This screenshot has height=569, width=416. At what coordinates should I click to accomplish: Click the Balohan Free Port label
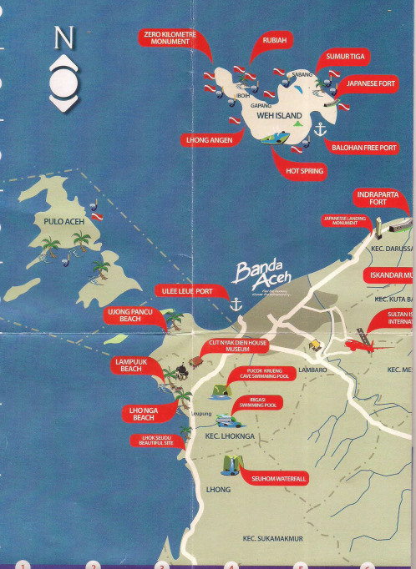(364, 148)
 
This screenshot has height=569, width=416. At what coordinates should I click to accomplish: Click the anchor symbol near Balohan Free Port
(318, 129)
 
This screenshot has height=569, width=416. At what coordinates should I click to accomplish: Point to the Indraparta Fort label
(383, 198)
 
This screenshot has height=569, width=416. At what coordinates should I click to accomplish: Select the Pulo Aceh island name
(62, 222)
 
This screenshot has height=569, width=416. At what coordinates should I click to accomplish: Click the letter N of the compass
(63, 38)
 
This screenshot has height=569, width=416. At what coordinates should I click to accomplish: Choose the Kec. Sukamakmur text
(272, 538)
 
